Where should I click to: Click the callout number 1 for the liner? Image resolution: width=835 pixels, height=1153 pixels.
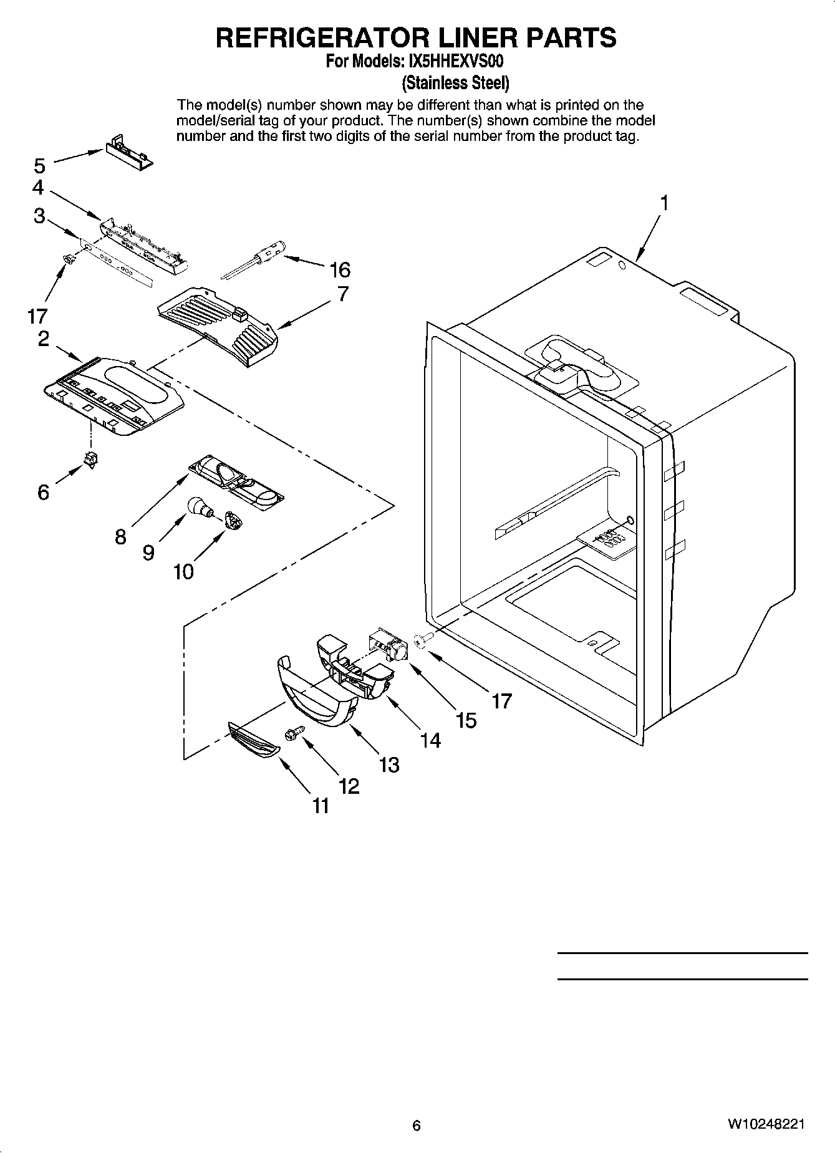point(665,203)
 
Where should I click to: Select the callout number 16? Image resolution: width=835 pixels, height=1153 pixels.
point(340,270)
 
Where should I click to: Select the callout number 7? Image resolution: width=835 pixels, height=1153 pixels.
point(343,294)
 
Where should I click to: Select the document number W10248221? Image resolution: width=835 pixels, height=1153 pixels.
point(765,1124)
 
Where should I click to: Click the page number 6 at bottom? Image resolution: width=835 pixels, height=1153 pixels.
point(417,1125)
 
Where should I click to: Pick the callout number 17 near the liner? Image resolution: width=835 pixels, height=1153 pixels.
point(501,701)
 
